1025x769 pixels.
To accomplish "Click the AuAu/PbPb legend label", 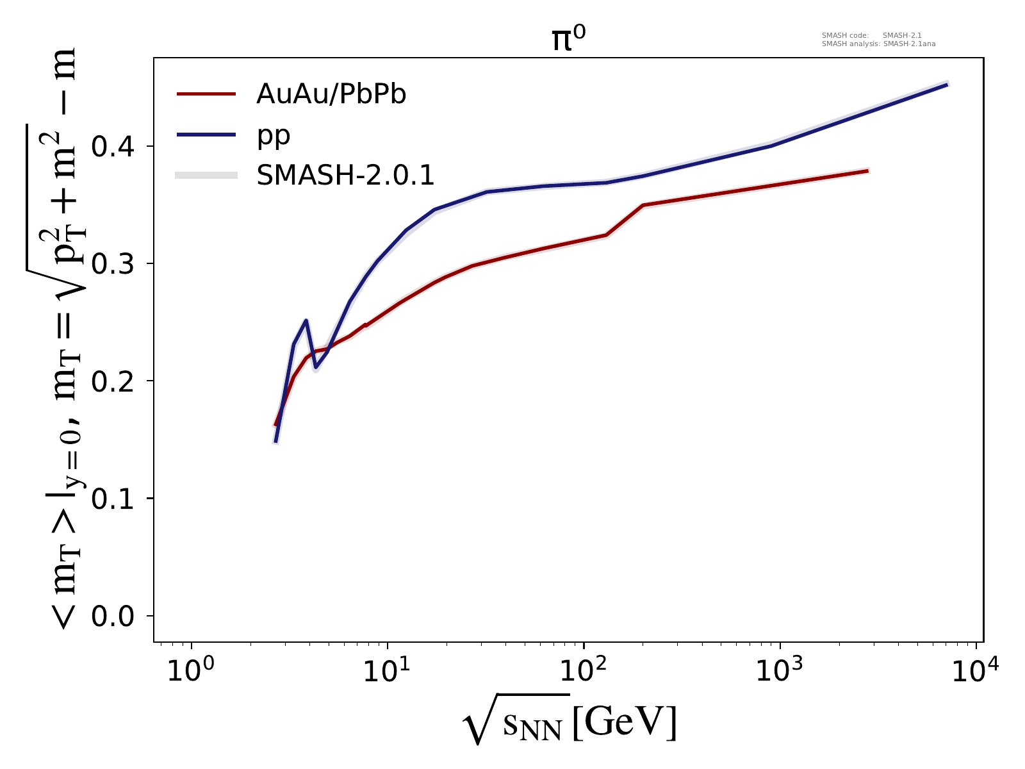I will click(x=331, y=95).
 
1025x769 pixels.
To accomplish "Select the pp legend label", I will click(x=274, y=135).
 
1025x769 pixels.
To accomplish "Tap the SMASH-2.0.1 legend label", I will click(x=345, y=176).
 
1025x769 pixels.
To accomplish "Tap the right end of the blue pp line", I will click(x=947, y=84).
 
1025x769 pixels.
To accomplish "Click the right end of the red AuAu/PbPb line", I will click(x=868, y=171).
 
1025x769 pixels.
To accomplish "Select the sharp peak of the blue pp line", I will click(x=306, y=320).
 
